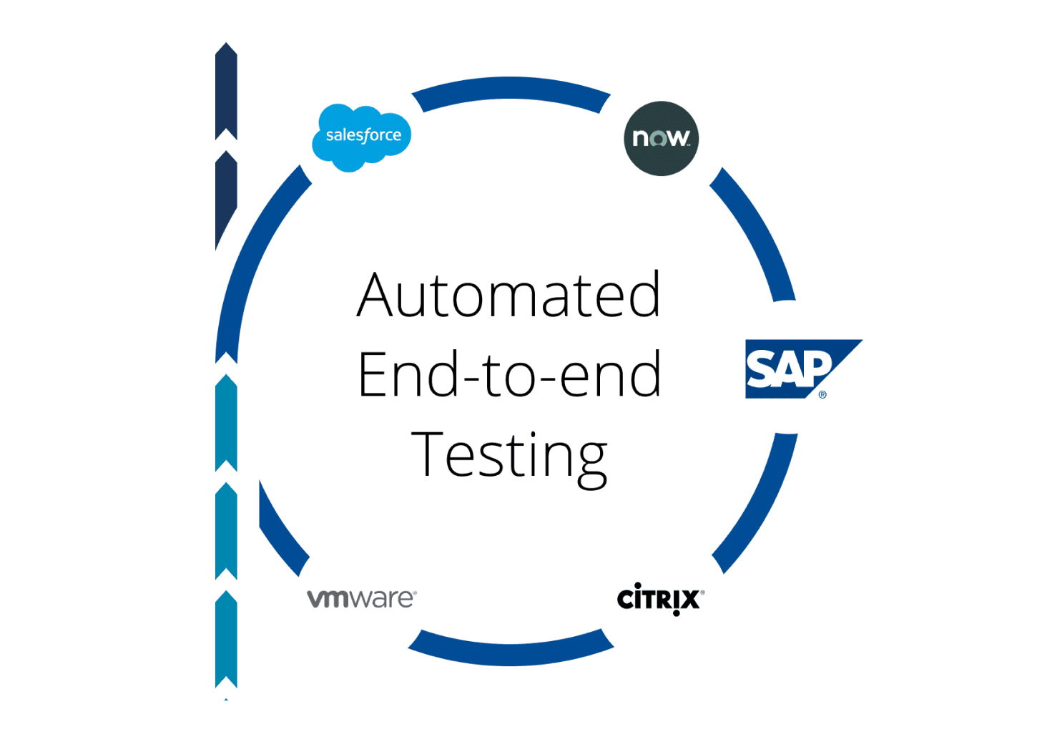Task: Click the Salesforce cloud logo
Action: [x=362, y=137]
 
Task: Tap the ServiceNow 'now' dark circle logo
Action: [x=661, y=138]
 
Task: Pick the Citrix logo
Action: [x=660, y=599]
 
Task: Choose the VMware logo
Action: [x=361, y=598]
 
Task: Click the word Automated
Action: [x=508, y=295]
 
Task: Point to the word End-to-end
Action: [x=509, y=374]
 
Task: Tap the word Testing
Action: [x=509, y=454]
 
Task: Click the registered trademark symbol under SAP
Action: [x=822, y=394]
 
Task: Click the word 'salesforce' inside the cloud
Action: [x=363, y=135]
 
